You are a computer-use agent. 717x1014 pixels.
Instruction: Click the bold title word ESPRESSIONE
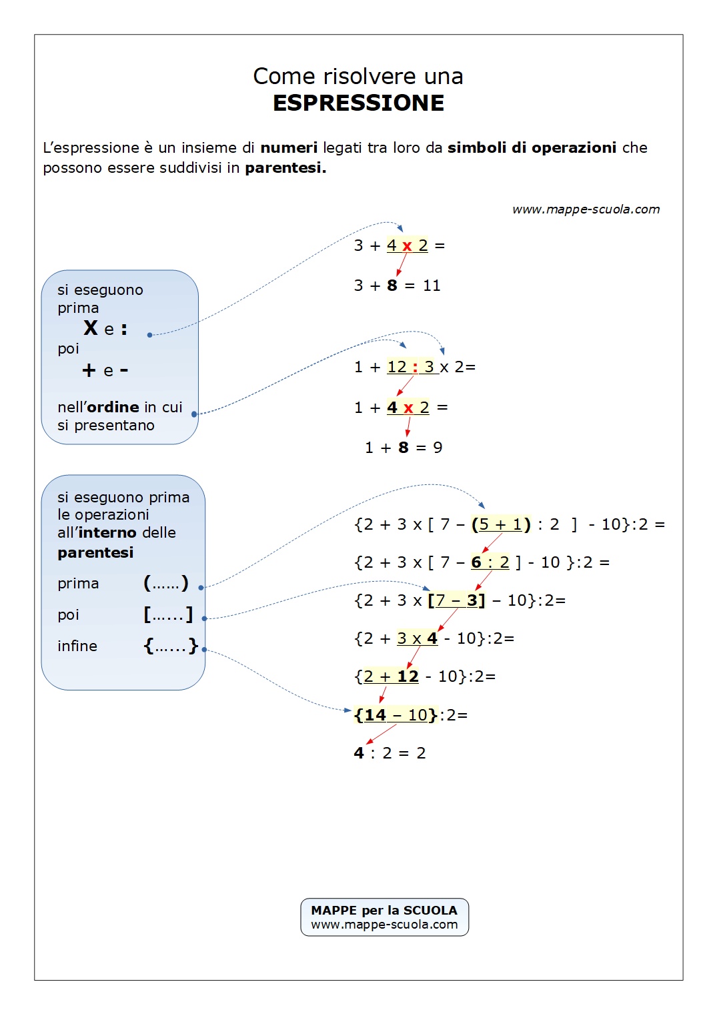[x=358, y=103]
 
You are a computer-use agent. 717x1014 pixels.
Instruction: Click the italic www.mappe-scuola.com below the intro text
[x=586, y=209]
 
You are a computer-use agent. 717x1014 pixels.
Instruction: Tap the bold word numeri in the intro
[x=289, y=148]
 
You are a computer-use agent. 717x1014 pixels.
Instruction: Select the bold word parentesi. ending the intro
[x=285, y=168]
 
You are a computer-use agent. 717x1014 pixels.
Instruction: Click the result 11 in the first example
[x=432, y=286]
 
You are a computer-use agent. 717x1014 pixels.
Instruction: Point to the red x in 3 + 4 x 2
[x=407, y=246]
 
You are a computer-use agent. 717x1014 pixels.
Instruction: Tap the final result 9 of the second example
[x=438, y=448]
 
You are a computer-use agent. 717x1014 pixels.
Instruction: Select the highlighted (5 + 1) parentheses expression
[x=501, y=524]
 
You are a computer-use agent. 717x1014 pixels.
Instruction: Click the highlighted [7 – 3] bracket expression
[x=456, y=600]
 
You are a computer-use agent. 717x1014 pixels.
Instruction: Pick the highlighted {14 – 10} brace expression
[x=396, y=715]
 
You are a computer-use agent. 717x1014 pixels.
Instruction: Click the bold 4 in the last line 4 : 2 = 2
[x=359, y=753]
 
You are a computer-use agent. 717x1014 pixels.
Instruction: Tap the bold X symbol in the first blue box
[x=91, y=328]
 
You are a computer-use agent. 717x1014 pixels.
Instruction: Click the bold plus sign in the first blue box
[x=89, y=370]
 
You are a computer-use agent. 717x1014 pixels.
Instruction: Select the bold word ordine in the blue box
[x=113, y=408]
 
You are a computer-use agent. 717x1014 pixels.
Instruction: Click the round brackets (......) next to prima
[x=166, y=584]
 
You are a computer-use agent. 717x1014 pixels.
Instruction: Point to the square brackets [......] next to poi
[x=168, y=614]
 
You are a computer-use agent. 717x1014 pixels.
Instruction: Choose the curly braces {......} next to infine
[x=171, y=646]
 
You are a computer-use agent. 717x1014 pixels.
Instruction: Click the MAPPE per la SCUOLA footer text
[x=384, y=911]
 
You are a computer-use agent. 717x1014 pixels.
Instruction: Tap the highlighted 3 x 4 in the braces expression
[x=418, y=638]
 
